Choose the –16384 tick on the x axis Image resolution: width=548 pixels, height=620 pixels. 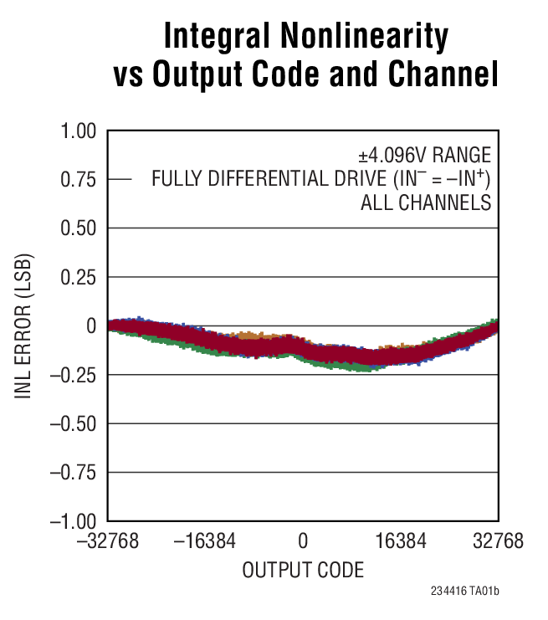click(x=206, y=542)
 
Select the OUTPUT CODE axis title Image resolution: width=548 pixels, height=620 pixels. click(x=303, y=571)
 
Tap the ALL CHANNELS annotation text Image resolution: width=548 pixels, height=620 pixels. click(x=426, y=203)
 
